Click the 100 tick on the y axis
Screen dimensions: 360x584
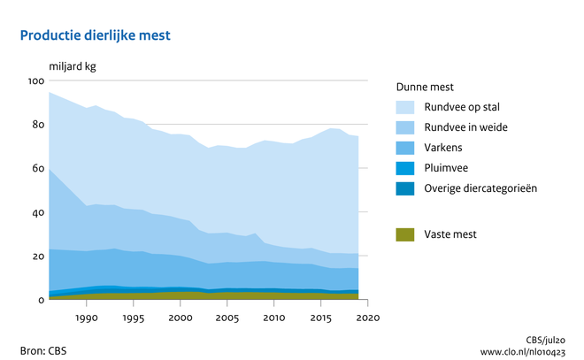click(36, 81)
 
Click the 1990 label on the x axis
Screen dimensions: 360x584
click(87, 318)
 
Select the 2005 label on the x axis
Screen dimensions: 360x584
click(227, 318)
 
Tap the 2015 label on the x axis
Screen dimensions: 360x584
click(321, 318)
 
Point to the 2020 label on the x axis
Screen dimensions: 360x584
click(368, 318)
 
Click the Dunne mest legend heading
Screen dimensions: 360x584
click(426, 87)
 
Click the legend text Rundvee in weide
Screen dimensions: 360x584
click(465, 127)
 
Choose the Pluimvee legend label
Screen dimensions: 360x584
click(447, 168)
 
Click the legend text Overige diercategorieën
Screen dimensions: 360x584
click(480, 188)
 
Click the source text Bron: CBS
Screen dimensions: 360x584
click(43, 349)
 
